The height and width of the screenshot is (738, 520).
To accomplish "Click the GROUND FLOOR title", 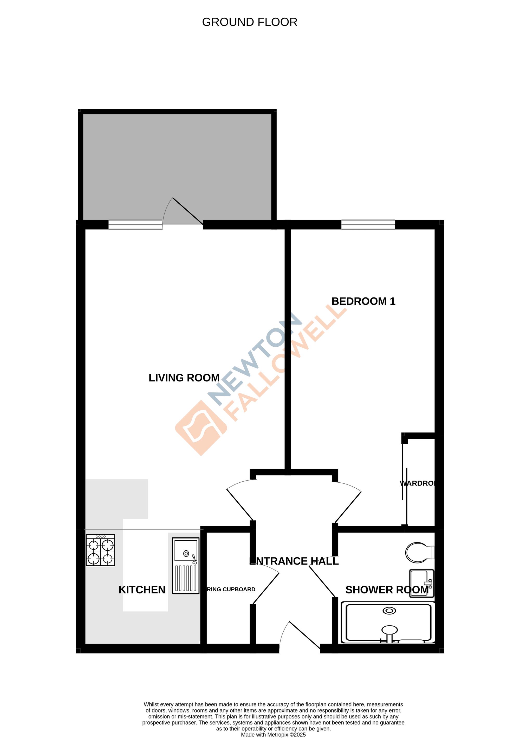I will tap(249, 22).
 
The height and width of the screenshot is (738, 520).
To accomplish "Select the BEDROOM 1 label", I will tap(363, 301).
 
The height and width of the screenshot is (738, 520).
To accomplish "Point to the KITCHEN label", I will tap(142, 590).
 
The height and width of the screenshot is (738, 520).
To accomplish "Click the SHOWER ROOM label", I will tap(387, 590).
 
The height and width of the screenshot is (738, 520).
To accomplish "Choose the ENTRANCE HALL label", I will tap(294, 561).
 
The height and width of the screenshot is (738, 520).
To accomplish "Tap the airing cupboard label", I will tap(231, 590).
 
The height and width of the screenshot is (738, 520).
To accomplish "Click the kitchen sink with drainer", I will tap(186, 565).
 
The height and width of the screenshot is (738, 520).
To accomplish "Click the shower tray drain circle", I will tap(389, 611).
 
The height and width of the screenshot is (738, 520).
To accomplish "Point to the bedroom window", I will tap(368, 224).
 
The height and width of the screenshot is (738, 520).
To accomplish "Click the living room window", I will tap(135, 224).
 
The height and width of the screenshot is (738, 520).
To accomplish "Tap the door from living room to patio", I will tap(188, 211).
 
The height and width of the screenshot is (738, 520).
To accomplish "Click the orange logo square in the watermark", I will tap(201, 428).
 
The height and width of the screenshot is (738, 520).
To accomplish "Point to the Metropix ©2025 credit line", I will tap(273, 734).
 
